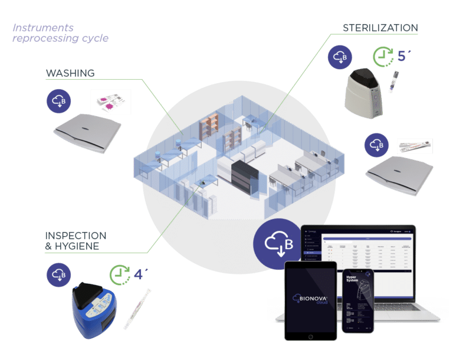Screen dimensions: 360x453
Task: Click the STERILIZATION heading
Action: [x=380, y=28]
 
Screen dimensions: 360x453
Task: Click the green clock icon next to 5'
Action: [x=384, y=57]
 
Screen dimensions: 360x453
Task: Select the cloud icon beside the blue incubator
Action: [x=59, y=274]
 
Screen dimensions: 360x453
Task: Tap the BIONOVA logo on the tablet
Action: [x=310, y=299]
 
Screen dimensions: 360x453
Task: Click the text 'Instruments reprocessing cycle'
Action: [x=60, y=33]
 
